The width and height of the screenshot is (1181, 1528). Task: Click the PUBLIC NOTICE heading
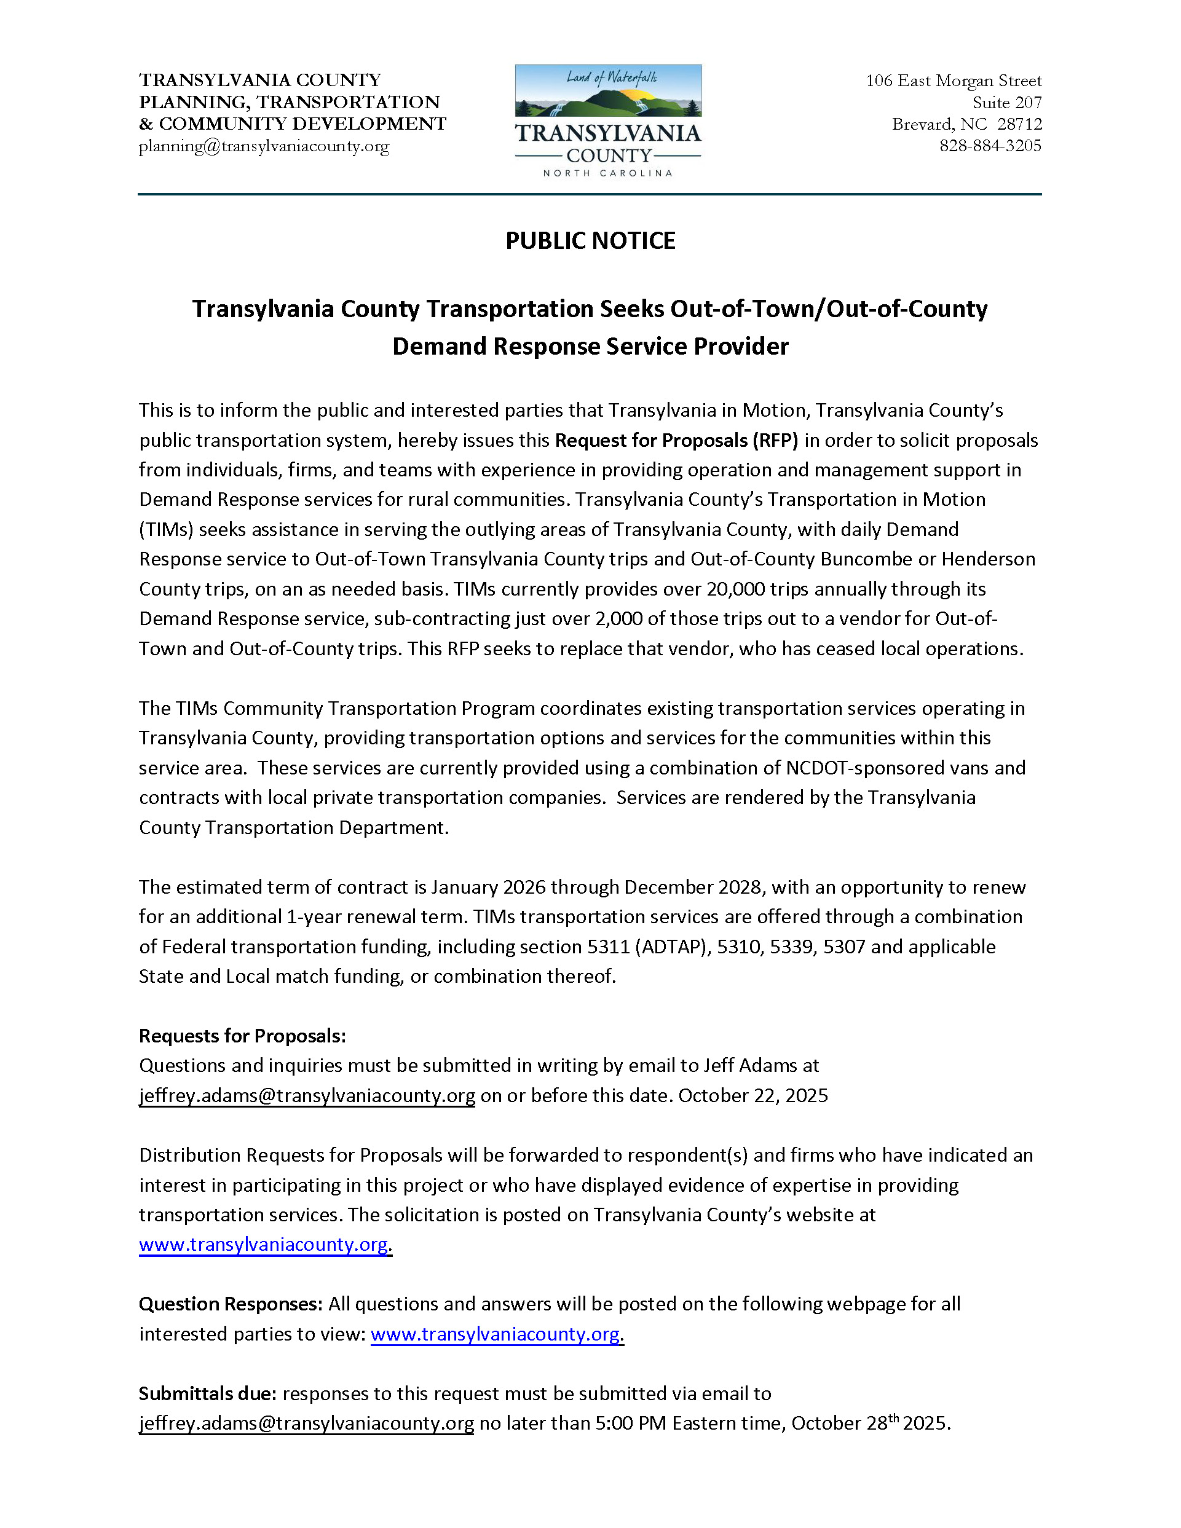pos(590,241)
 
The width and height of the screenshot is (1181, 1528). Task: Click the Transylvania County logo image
pos(608,120)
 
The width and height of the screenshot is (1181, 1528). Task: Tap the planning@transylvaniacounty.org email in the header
pos(264,146)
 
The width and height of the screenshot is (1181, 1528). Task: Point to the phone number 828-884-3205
pos(990,146)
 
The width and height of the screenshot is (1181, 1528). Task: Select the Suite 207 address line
pos(1007,103)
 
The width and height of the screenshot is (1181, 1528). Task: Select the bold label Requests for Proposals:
pos(242,1036)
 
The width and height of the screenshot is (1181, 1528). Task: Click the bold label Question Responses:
pos(230,1304)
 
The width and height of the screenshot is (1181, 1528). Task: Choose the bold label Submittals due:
pos(207,1393)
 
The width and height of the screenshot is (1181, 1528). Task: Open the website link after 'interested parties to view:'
pos(496,1334)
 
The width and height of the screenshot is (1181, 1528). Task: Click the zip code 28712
pos(1019,125)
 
